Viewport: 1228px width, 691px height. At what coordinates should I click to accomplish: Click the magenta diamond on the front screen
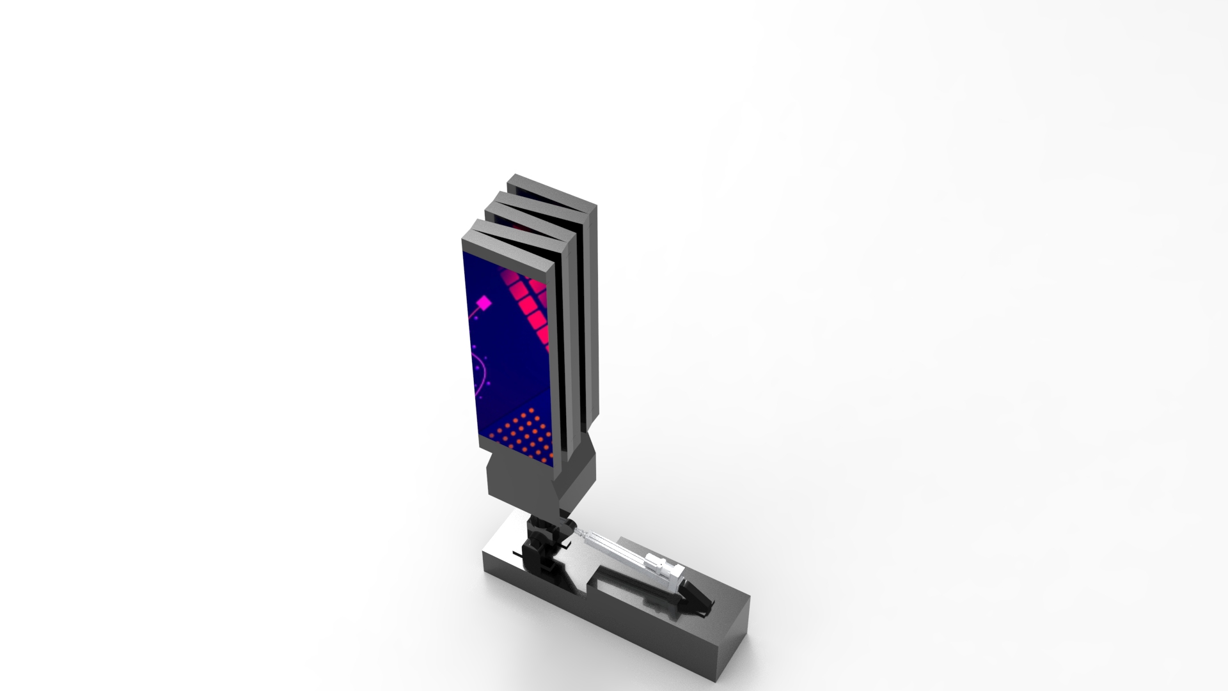[x=485, y=302]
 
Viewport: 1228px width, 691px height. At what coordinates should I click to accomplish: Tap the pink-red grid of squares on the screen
[x=530, y=304]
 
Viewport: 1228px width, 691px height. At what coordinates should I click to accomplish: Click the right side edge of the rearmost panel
[x=592, y=307]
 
